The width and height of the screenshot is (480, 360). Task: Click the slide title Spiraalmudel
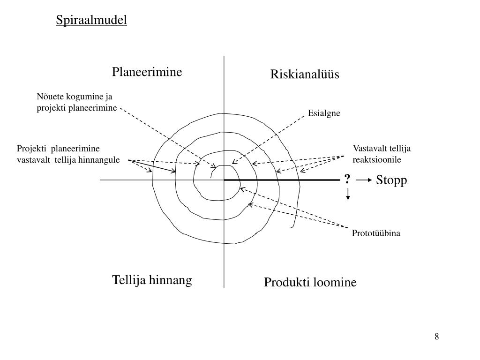(91, 20)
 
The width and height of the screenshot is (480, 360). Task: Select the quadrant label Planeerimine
(147, 72)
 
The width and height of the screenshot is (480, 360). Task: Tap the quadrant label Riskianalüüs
(304, 75)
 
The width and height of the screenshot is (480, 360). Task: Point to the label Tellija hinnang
(152, 280)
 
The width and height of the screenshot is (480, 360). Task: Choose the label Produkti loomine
(310, 282)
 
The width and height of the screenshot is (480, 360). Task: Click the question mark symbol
(347, 180)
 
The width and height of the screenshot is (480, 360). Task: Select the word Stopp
(392, 180)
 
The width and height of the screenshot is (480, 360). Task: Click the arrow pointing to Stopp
(364, 180)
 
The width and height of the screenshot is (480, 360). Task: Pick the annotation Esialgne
(324, 113)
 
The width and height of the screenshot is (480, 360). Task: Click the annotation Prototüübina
(376, 233)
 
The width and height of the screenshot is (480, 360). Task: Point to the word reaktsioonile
(377, 159)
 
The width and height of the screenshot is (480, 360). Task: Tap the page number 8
(436, 336)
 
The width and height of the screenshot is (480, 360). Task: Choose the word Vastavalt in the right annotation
(367, 149)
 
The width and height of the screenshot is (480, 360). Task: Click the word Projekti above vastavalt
(32, 149)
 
